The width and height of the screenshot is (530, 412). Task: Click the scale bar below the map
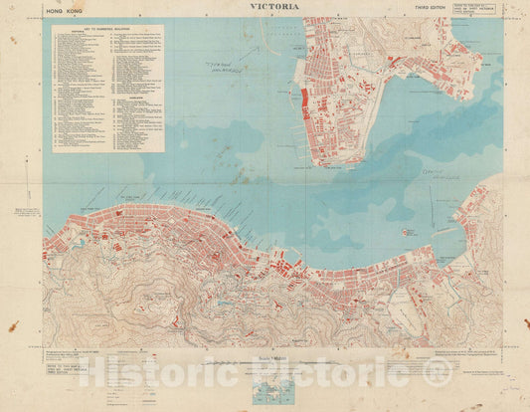tap(265, 363)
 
